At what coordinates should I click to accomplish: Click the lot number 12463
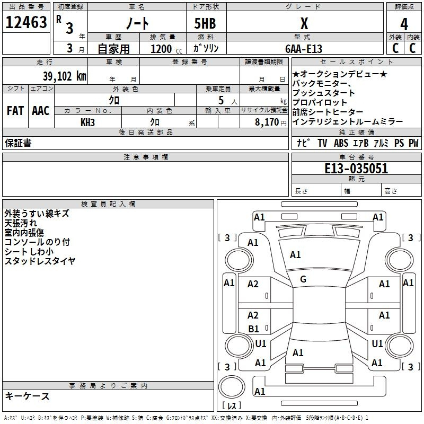click(26, 22)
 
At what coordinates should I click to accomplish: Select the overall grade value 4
click(404, 24)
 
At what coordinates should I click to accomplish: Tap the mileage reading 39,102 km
click(64, 76)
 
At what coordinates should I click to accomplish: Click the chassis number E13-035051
click(356, 169)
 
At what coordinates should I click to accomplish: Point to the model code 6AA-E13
click(304, 49)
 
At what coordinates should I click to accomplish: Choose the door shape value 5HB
click(205, 23)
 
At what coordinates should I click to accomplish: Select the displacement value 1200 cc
click(166, 49)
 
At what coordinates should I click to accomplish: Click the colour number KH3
click(87, 122)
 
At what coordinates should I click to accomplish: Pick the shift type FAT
click(15, 111)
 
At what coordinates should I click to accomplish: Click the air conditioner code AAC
click(41, 111)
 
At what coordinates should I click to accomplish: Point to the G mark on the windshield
click(303, 279)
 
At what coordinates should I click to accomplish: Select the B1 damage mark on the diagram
click(253, 329)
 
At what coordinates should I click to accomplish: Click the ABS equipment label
click(341, 143)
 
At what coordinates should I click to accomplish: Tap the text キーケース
click(27, 396)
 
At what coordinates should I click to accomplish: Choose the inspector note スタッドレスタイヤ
click(40, 261)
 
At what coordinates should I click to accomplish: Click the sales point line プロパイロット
click(320, 102)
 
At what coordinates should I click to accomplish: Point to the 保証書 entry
click(18, 143)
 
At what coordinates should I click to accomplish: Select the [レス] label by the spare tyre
click(232, 405)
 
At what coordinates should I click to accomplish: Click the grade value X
click(304, 23)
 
